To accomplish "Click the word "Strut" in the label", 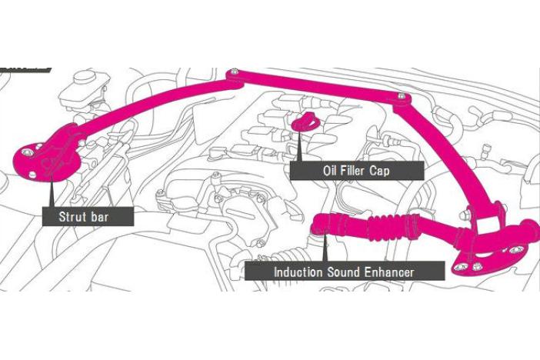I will point(74,216).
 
